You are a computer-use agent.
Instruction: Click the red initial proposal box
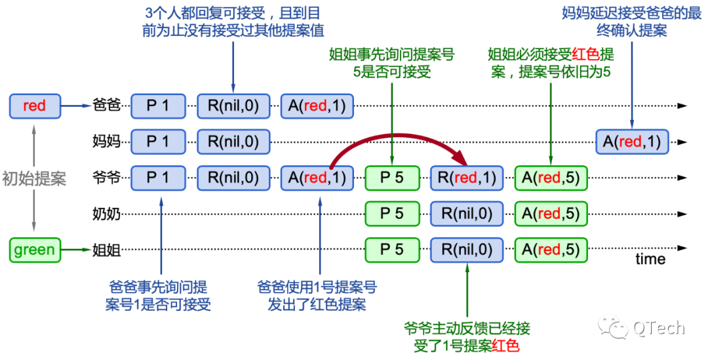pos(35,106)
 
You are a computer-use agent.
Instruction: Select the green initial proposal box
pos(35,250)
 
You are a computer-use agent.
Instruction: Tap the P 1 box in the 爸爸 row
pos(158,106)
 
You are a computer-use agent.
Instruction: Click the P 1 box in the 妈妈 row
pos(158,142)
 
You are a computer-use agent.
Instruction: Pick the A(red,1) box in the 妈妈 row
pos(632,142)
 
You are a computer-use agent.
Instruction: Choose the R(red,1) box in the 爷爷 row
pos(467,178)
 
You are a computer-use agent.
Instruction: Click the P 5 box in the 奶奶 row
pos(393,214)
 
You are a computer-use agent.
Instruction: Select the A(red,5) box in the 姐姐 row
pos(551,250)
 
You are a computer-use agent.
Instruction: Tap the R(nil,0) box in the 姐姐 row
pos(467,250)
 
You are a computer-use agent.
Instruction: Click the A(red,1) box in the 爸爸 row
pos(317,106)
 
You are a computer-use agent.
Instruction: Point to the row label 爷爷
pos(107,178)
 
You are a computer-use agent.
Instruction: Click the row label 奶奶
pos(107,214)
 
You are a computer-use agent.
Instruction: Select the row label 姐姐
pos(107,250)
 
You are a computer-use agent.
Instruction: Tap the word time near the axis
pos(650,259)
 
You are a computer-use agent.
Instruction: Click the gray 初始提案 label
pos(34,179)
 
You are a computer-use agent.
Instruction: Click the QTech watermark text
pos(659,328)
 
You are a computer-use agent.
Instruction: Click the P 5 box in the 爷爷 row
pos(393,178)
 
